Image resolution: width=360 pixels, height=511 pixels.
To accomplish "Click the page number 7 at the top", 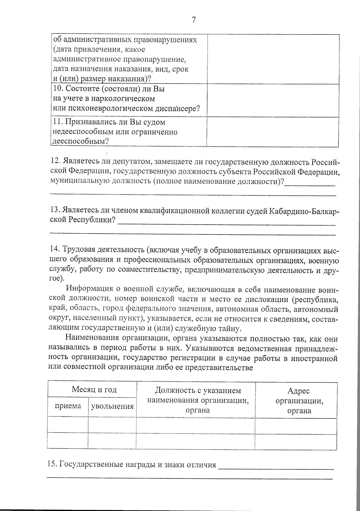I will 193,20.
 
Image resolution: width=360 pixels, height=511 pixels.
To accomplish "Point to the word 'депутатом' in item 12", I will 129,162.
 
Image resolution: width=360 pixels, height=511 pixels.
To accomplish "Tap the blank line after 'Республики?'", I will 226,222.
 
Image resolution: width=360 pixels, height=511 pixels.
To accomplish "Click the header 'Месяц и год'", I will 94,389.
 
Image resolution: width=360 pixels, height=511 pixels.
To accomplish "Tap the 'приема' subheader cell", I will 68,406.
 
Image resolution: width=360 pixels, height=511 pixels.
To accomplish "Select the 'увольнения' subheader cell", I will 112,406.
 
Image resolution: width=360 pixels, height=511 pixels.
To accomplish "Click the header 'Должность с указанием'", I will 198,390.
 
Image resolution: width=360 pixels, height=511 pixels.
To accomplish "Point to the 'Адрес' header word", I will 298,391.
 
